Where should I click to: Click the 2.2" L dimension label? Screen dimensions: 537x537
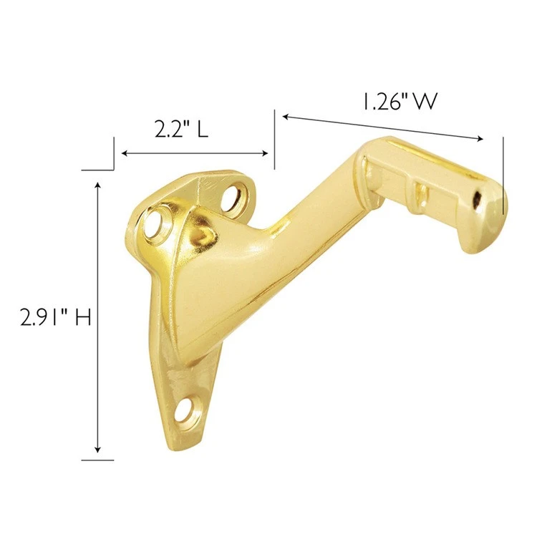coord(181,130)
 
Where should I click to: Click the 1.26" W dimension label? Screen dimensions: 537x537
coord(400,102)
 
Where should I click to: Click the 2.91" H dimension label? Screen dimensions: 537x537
coord(55,317)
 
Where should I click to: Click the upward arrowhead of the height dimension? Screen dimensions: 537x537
coord(98,186)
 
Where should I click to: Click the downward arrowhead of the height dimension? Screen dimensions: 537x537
coord(98,449)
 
